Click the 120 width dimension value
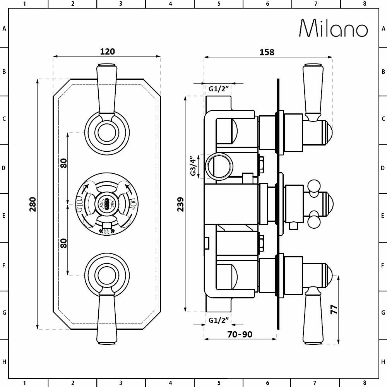click(107, 51)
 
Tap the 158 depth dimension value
click(267, 52)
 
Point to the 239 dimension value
click(180, 204)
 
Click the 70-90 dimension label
click(240, 334)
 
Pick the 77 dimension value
click(334, 309)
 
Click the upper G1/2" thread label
click(219, 89)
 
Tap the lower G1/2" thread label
click(219, 320)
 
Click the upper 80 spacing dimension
click(64, 163)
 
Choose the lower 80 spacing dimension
click(64, 243)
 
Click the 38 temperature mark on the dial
click(106, 231)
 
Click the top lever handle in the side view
click(313, 91)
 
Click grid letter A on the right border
click(383, 29)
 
